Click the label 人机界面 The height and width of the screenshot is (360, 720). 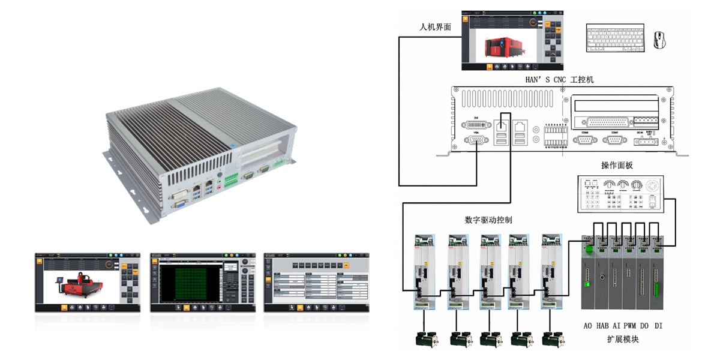435,28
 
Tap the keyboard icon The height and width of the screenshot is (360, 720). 615,39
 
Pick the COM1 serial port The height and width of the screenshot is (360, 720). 614,140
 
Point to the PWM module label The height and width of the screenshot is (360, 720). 629,326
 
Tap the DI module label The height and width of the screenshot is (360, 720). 658,326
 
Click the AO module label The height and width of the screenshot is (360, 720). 589,326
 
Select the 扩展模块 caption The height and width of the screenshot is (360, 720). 622,340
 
